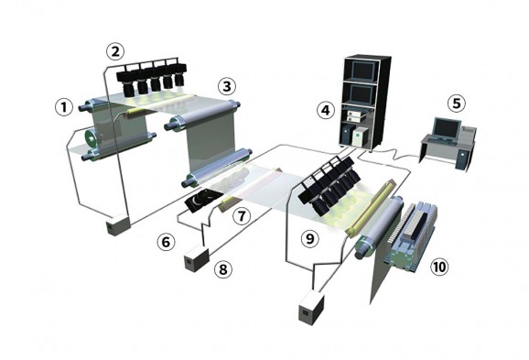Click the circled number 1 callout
point(64,107)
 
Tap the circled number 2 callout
point(115,51)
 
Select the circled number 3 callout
point(226,86)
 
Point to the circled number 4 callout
point(326,110)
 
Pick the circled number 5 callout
point(457,103)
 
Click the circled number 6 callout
point(166,242)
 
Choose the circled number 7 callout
point(242,216)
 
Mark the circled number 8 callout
point(223,269)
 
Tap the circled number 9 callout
point(309,239)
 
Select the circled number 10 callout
point(439,267)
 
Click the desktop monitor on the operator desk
point(447,128)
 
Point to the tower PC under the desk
point(462,159)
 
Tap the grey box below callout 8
point(197,258)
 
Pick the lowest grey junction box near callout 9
point(311,309)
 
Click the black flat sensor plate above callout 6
point(203,201)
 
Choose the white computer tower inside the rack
point(359,136)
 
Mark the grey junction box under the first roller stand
point(118,224)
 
